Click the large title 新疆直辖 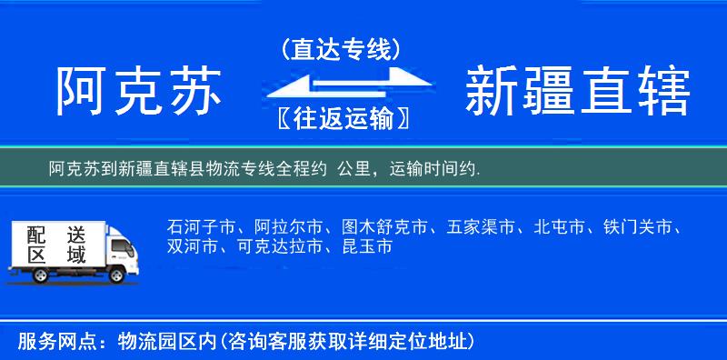(578, 93)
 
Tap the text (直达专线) (341, 50)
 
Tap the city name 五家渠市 (482, 226)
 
